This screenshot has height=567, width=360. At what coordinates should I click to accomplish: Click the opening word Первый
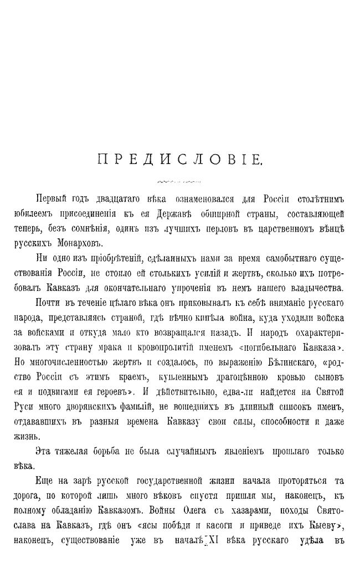tap(51, 198)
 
